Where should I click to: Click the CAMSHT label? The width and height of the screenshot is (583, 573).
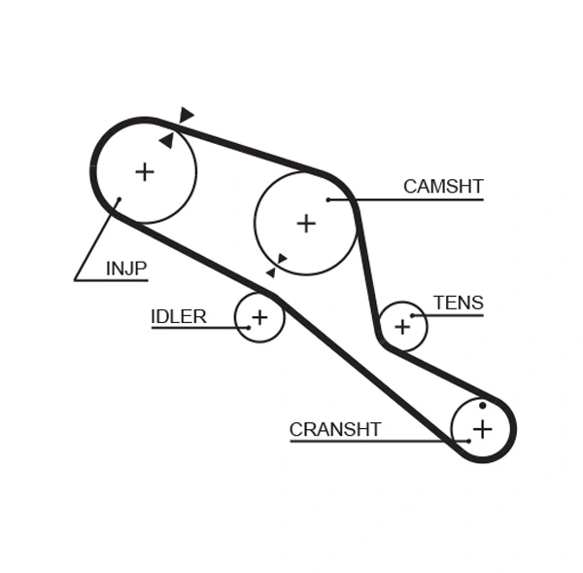click(443, 187)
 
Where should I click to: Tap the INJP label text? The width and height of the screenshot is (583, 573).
click(126, 269)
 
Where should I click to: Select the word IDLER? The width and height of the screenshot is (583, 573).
click(178, 316)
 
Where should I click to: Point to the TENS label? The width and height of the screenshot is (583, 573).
click(458, 303)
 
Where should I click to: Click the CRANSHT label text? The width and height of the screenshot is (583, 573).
click(335, 429)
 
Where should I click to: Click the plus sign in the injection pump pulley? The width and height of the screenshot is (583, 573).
click(145, 172)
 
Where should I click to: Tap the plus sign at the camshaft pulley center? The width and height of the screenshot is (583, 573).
click(306, 224)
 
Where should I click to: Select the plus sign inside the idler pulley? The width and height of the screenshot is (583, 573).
click(259, 317)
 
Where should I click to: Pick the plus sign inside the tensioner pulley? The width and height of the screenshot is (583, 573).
click(402, 326)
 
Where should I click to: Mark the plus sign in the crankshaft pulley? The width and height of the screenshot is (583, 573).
click(482, 428)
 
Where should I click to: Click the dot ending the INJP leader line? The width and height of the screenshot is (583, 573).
click(119, 201)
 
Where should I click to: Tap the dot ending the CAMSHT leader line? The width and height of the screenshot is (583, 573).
click(328, 199)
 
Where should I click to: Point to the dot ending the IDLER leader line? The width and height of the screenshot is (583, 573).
click(248, 328)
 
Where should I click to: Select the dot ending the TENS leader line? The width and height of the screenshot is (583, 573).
click(412, 315)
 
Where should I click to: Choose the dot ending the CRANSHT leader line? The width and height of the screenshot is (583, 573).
click(468, 441)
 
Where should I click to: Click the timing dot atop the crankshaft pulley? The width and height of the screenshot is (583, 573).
click(482, 405)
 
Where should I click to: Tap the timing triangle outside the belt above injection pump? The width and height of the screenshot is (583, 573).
click(186, 115)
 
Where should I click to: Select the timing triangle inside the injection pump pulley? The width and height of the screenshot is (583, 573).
click(167, 141)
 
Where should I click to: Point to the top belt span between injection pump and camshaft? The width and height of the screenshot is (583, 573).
click(243, 146)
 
